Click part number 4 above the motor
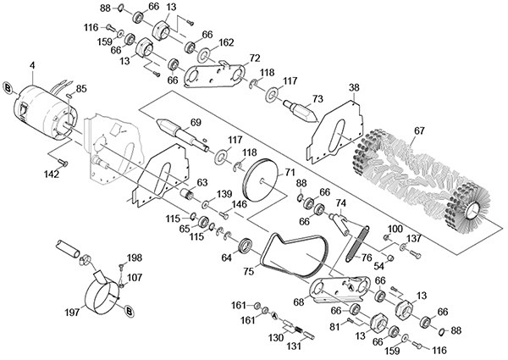[x=32, y=65]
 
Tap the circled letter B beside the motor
[x=7, y=87]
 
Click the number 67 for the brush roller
[x=419, y=131]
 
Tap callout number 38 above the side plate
[x=354, y=87]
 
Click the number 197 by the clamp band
[x=72, y=312]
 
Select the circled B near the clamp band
[x=129, y=312]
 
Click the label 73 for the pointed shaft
[x=317, y=99]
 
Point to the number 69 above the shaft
[x=195, y=123]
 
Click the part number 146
[x=239, y=204]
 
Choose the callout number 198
[x=134, y=258]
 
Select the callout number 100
[x=395, y=229]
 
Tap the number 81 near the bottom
[x=334, y=327]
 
